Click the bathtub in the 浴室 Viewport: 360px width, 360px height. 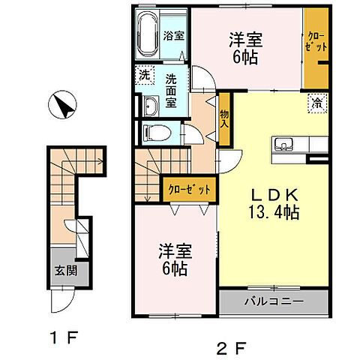pyautogui.click(x=148, y=34)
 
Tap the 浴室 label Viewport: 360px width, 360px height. pyautogui.click(x=175, y=35)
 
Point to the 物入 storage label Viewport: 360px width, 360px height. pyautogui.click(x=223, y=121)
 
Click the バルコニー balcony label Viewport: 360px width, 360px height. pyautogui.click(x=273, y=302)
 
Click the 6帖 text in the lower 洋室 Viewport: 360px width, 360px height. pyautogui.click(x=177, y=270)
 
